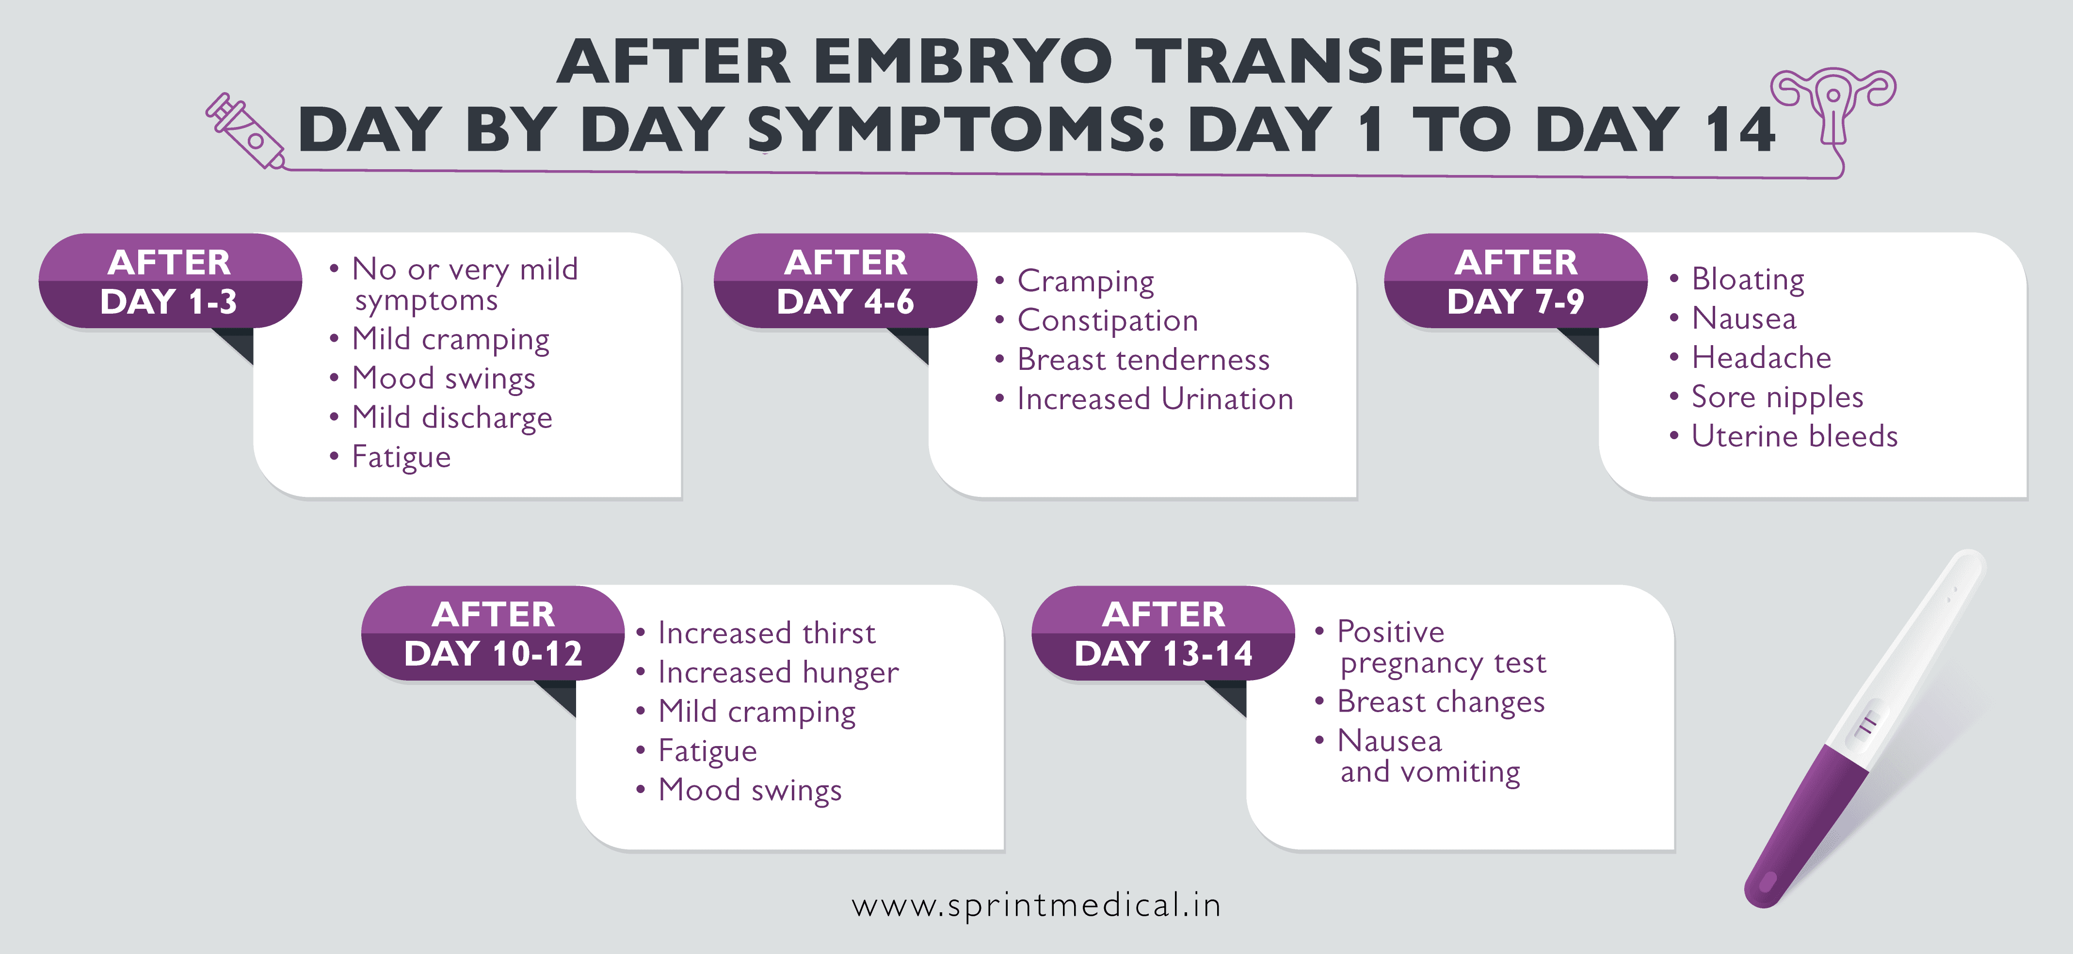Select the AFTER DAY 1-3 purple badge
coord(170,282)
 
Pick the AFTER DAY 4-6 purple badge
coord(845,282)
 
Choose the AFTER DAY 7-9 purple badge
coord(1515,282)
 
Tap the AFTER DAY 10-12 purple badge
coord(493,634)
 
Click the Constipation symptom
coord(1108,320)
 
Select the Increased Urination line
coord(1155,399)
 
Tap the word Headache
coord(1761,357)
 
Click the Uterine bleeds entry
coord(1794,436)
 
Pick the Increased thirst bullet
coord(766,633)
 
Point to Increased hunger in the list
coord(777,672)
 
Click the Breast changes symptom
coord(1441,701)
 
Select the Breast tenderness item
coord(1143,360)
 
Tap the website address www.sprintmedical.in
coord(1037,906)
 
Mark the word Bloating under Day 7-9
coord(1747,279)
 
